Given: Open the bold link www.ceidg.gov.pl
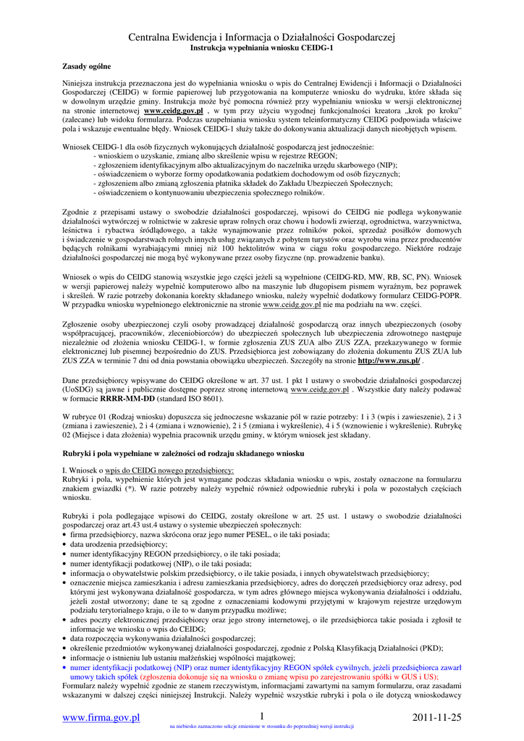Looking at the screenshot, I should pos(173,111).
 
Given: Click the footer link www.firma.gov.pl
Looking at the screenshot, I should pos(101,717).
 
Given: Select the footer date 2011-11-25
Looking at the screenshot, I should pos(436,717).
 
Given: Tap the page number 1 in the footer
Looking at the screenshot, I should pos(261,716).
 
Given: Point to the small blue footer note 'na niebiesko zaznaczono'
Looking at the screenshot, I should pos(261,726).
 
